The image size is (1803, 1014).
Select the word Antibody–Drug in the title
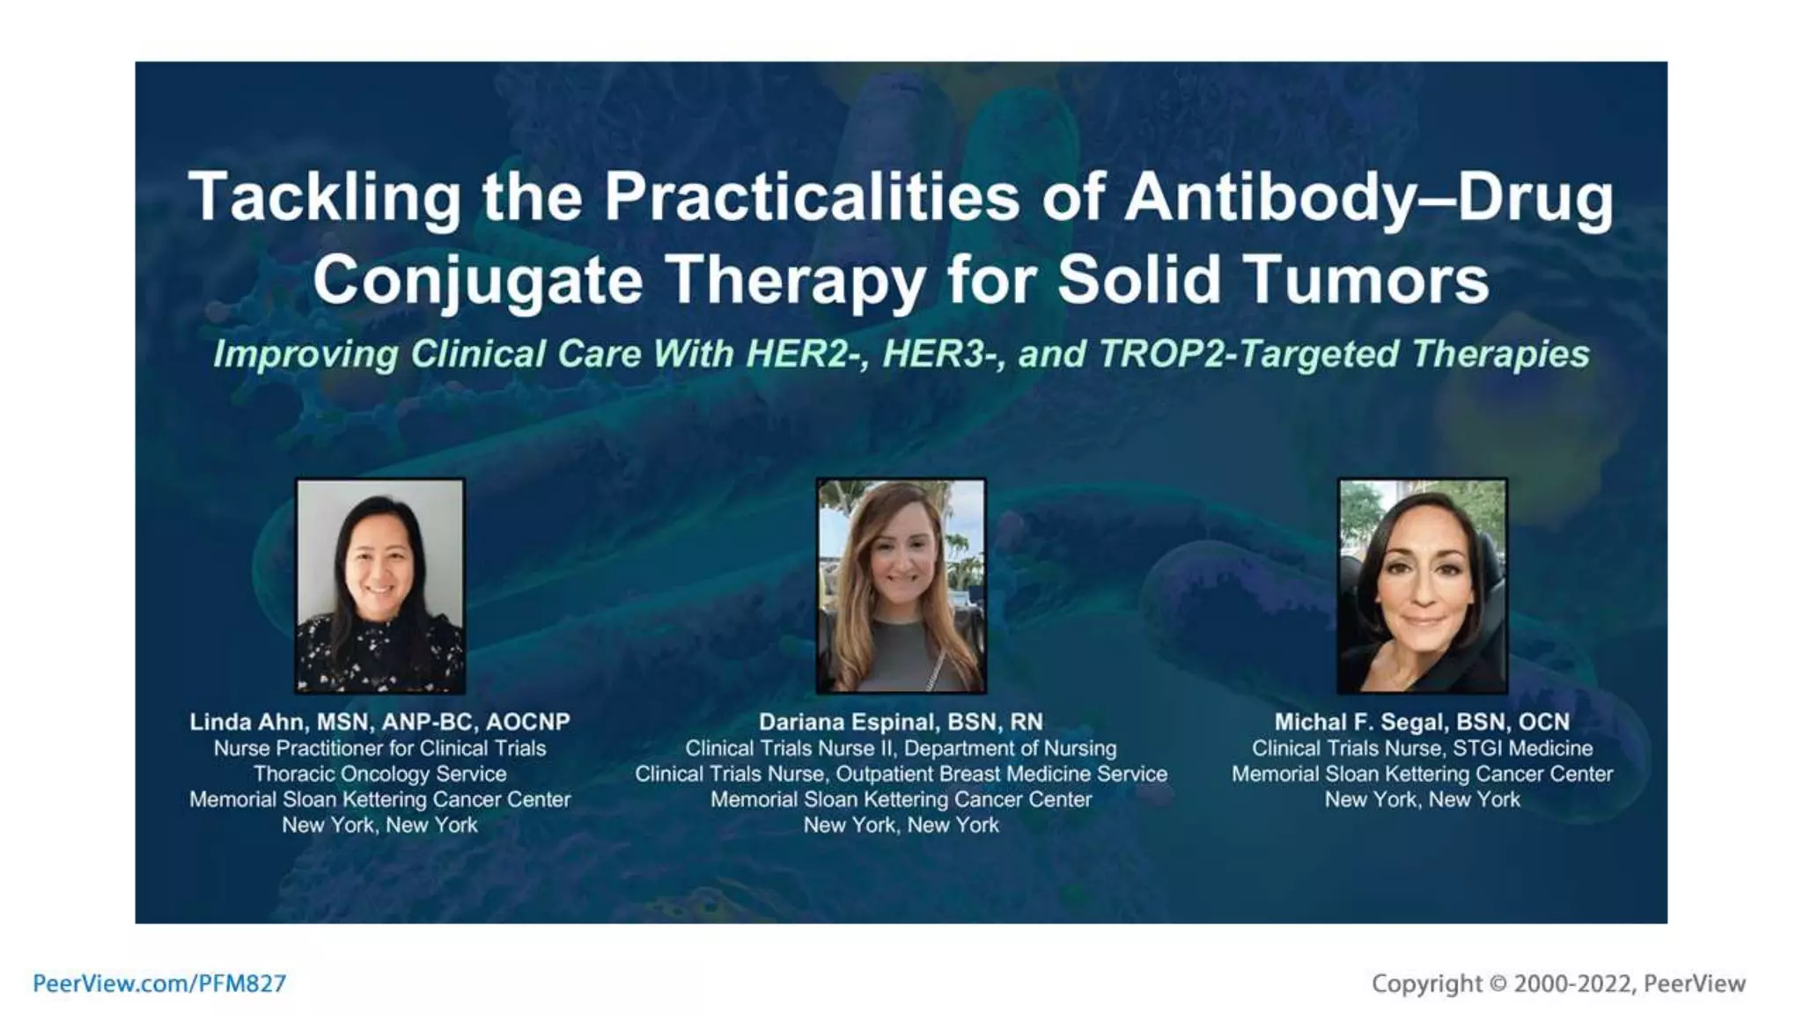[x=1368, y=197]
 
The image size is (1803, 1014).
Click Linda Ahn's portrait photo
[x=380, y=585]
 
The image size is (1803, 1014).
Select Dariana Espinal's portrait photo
[x=901, y=585]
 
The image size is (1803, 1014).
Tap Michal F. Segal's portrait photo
[x=1422, y=585]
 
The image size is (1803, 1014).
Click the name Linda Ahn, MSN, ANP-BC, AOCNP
[x=380, y=722]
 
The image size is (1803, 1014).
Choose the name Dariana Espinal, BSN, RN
[x=901, y=722]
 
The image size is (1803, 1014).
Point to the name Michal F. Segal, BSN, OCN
[x=1422, y=722]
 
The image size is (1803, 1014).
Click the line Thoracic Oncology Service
[x=380, y=774]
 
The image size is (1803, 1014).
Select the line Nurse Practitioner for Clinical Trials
[x=380, y=748]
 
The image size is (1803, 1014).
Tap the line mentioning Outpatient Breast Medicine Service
[x=901, y=774]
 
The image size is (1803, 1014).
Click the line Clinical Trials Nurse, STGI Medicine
[x=1422, y=748]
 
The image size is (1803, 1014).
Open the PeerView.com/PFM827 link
[x=159, y=983]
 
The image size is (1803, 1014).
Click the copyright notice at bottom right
[x=1558, y=983]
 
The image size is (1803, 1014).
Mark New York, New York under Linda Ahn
[x=380, y=825]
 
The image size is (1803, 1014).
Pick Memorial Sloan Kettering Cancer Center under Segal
[x=1422, y=774]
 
